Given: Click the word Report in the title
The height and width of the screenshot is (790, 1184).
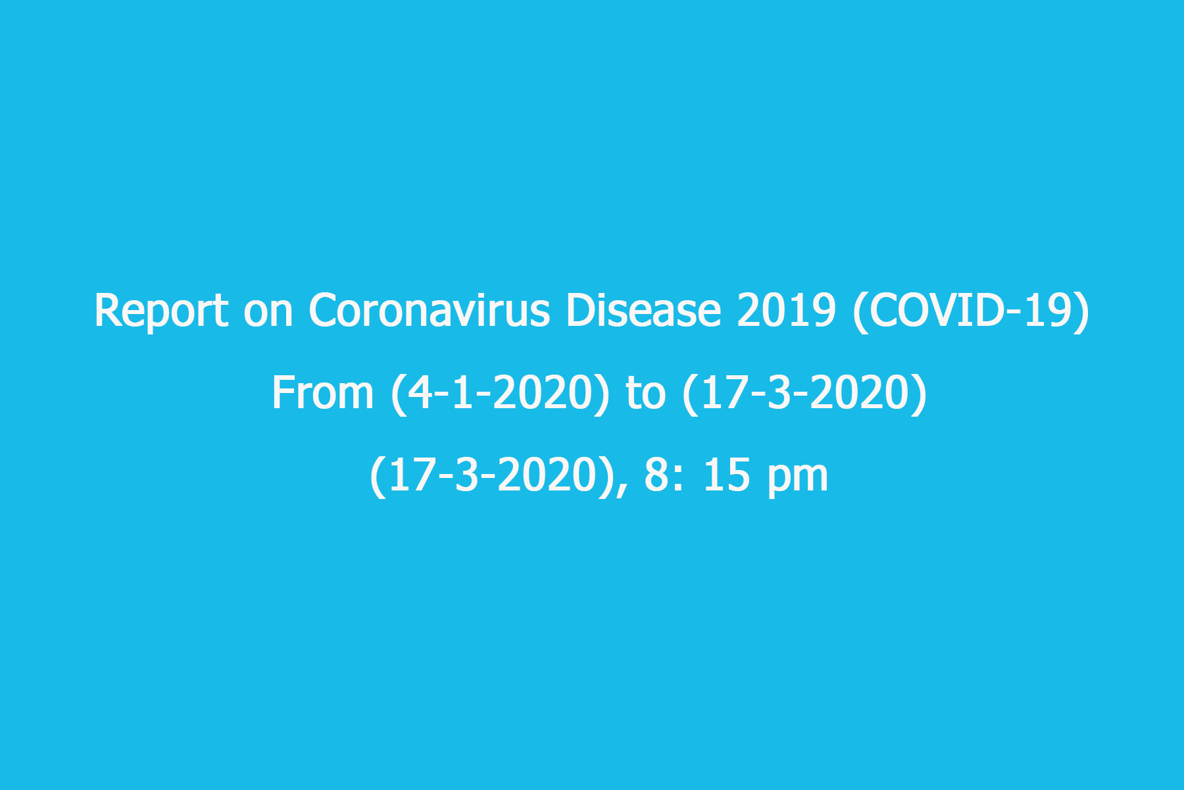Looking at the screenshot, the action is (161, 311).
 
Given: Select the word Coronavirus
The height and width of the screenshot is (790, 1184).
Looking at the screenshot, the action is (429, 311).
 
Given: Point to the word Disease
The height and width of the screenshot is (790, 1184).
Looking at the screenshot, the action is (643, 311).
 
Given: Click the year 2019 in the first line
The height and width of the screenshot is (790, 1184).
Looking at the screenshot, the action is (786, 311).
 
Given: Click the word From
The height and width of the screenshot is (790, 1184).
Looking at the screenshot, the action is (323, 393).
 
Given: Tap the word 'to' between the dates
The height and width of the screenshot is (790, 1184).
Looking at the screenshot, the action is (646, 395).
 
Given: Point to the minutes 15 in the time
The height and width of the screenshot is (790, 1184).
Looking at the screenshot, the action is (727, 475).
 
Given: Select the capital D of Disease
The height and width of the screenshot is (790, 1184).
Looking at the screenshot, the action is (581, 311).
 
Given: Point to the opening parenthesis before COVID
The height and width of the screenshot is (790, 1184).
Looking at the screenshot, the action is (859, 313).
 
